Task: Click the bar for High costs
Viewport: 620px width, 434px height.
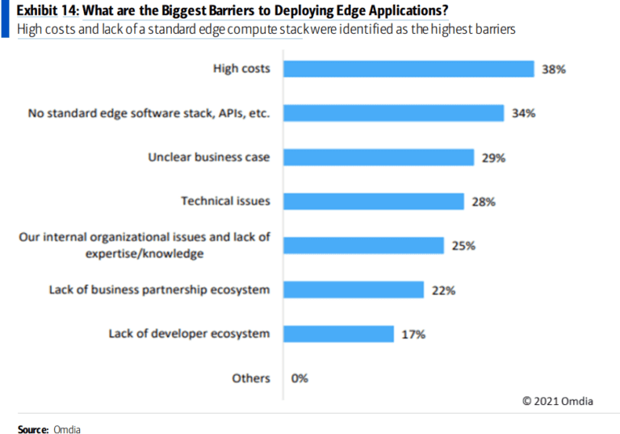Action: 408,69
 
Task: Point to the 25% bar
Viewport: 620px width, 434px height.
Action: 362,245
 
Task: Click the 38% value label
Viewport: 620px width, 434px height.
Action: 554,70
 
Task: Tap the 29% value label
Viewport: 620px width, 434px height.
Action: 493,158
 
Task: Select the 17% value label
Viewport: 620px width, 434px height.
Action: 413,335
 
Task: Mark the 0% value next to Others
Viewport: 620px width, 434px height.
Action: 300,378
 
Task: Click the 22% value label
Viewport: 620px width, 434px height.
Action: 443,290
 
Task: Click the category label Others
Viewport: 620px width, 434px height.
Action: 250,378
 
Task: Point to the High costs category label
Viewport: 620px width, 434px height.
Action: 241,69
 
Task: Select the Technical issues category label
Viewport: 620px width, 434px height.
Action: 225,201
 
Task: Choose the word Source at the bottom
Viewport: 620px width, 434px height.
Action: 32,429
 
